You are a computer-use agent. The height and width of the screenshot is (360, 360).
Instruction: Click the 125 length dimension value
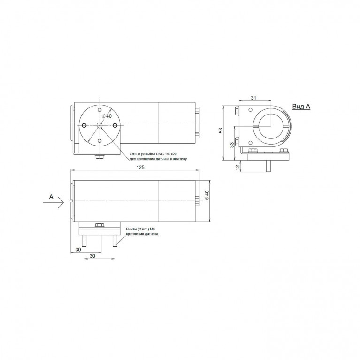click(140, 167)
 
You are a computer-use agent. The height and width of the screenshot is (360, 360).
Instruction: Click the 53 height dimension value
click(221, 130)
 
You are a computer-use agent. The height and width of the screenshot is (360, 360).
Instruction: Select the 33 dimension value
click(232, 145)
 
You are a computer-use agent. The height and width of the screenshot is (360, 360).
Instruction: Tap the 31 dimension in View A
click(253, 98)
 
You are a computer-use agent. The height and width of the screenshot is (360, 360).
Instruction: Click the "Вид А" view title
click(301, 107)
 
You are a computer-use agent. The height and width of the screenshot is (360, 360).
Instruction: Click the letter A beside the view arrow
click(51, 197)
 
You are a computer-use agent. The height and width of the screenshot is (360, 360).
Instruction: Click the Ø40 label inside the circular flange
click(107, 116)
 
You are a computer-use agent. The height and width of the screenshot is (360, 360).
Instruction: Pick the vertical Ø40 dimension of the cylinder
click(207, 195)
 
